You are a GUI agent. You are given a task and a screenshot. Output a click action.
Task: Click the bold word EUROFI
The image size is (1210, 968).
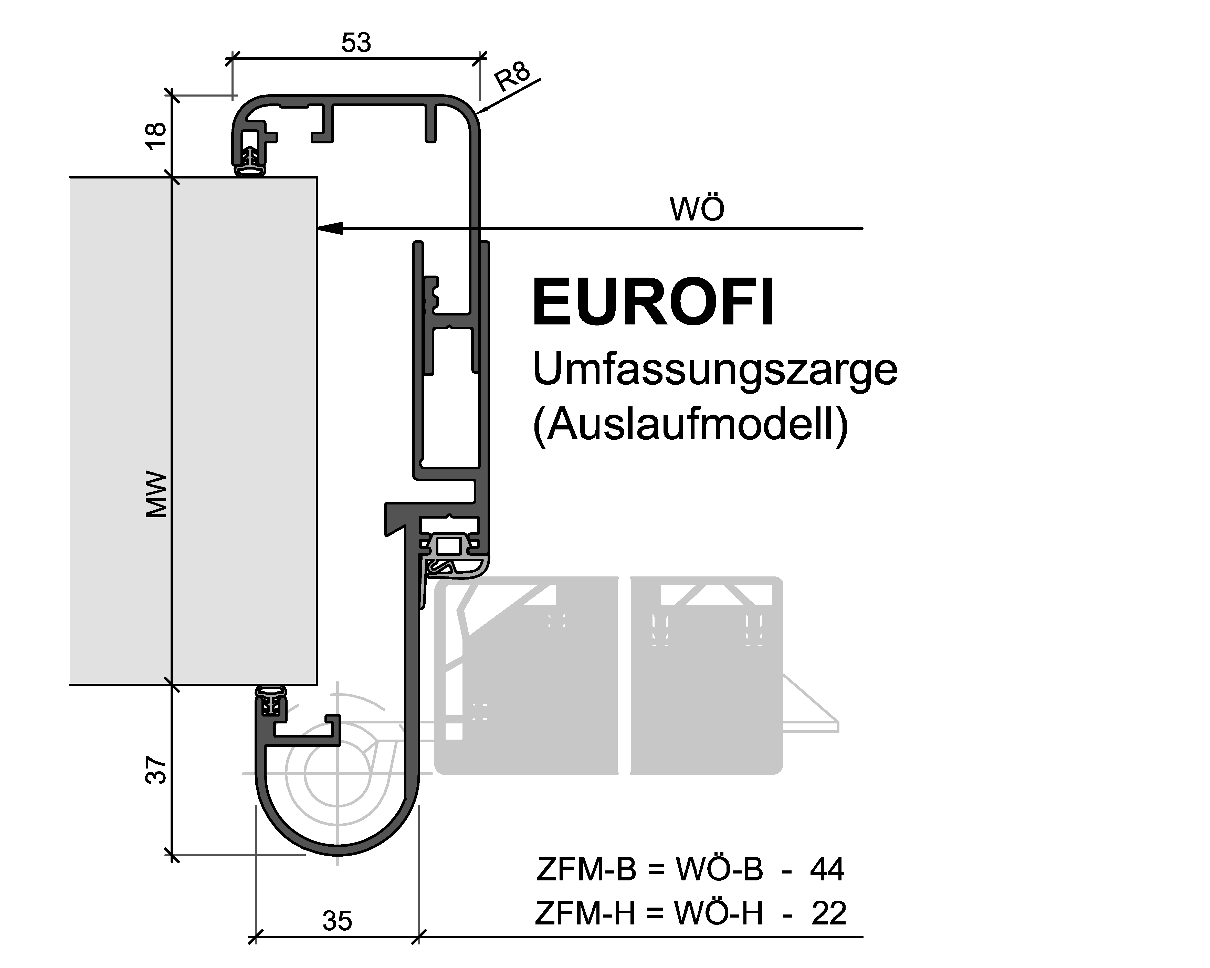pos(653,302)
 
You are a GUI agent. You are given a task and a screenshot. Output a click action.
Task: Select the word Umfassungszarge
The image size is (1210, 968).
pos(714,369)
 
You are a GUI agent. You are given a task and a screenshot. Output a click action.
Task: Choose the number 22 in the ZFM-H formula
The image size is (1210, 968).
pos(828,913)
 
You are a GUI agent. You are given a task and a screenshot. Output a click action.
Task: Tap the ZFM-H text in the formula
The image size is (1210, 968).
pos(585,913)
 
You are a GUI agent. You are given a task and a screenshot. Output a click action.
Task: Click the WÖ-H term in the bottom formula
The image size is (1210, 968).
pos(718,913)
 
